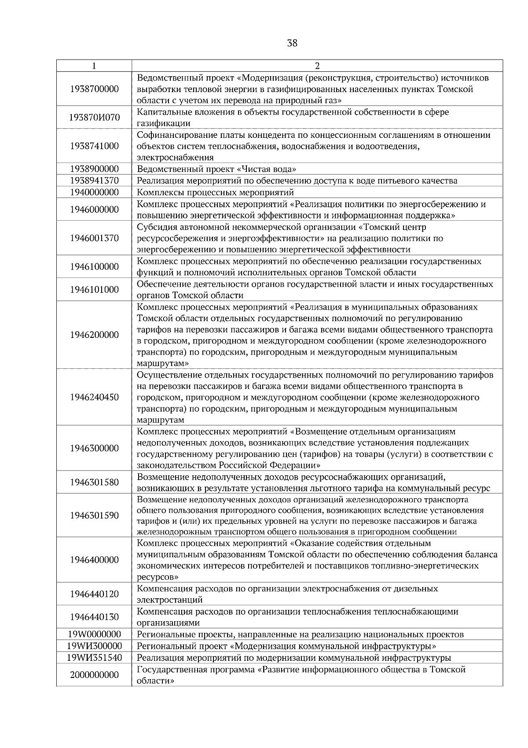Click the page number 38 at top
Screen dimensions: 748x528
tap(292, 43)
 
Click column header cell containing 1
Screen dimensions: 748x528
tap(94, 66)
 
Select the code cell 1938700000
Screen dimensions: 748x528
tap(94, 89)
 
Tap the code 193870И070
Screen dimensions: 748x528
tap(94, 118)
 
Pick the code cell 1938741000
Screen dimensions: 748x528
tap(94, 146)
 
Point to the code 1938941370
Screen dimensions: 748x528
tap(94, 181)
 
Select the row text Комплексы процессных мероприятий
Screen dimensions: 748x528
tap(215, 193)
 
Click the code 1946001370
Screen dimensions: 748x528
tap(94, 238)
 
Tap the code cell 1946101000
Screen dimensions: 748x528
tap(94, 289)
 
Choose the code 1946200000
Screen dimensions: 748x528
tap(94, 335)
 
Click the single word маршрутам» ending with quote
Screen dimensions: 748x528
tap(163, 364)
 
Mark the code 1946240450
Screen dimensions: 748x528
tap(94, 397)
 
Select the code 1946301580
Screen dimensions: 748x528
tap(94, 482)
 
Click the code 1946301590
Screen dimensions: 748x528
tap(94, 515)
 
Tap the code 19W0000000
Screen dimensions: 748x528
tap(94, 634)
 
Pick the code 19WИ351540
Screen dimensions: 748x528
tap(94, 658)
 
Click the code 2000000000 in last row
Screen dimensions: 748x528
tap(94, 675)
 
